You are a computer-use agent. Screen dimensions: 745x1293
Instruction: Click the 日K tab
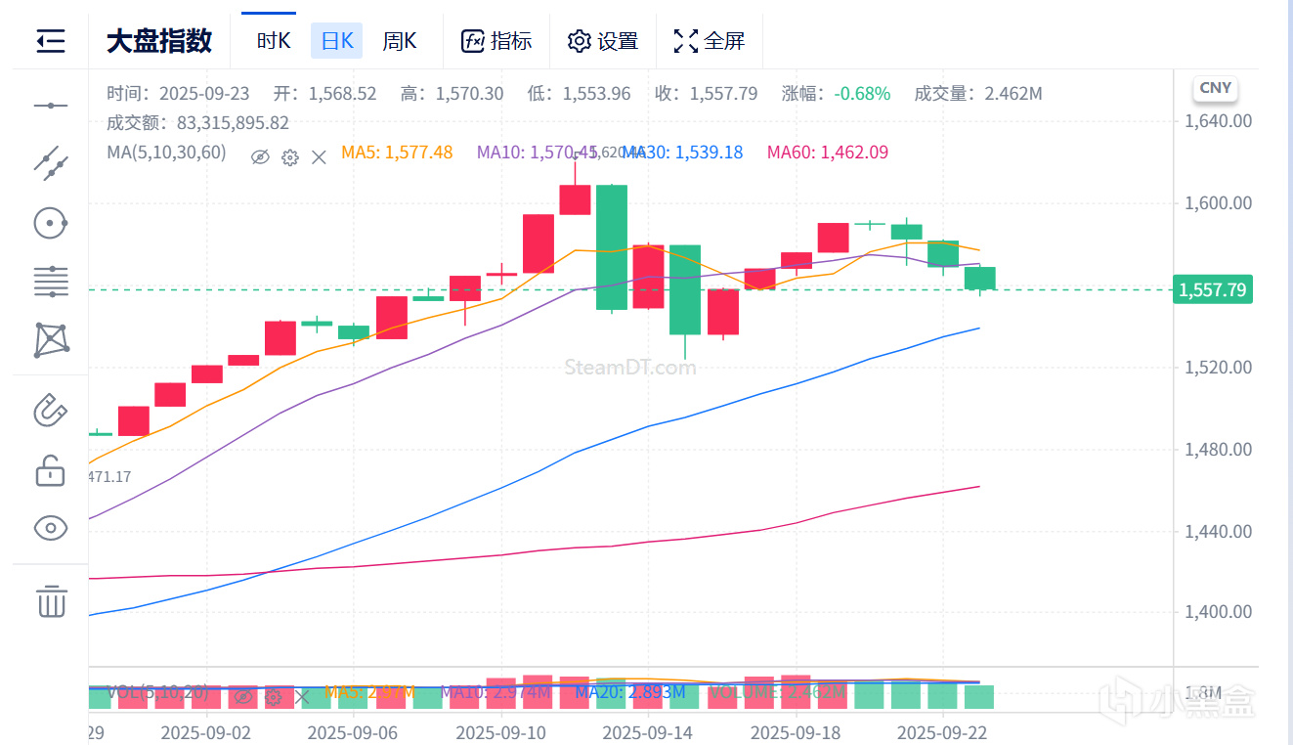[x=336, y=41]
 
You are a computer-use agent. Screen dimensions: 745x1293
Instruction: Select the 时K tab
[x=274, y=41]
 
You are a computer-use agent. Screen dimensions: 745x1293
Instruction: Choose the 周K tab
[x=399, y=41]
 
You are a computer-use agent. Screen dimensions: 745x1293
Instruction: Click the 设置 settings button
[x=603, y=41]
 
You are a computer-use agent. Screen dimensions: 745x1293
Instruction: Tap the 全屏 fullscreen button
[x=710, y=41]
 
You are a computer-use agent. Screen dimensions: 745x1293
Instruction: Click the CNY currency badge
[x=1215, y=88]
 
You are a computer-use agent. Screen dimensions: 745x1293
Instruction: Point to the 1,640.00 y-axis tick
[x=1218, y=121]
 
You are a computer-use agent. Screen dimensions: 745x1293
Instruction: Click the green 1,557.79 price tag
[x=1212, y=289]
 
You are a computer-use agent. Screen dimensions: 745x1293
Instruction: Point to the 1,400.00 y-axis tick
[x=1218, y=612]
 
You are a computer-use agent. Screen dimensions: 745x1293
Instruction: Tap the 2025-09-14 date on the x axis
[x=647, y=731]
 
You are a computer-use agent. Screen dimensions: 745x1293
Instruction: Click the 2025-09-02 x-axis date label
[x=206, y=731]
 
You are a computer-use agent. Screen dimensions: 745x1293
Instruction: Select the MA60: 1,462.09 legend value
[x=827, y=152]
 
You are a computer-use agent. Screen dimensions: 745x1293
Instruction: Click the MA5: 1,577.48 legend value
[x=397, y=152]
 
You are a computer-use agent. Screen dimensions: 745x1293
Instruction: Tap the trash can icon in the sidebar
[x=51, y=600]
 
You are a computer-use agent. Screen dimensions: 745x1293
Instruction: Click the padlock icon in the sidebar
[x=51, y=471]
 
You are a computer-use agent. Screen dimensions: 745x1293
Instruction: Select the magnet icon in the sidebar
[x=51, y=410]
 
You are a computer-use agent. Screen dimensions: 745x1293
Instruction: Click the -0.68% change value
[x=862, y=94]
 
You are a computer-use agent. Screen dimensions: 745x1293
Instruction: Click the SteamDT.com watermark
[x=630, y=368]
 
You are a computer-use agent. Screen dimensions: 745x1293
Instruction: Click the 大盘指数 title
[x=158, y=41]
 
